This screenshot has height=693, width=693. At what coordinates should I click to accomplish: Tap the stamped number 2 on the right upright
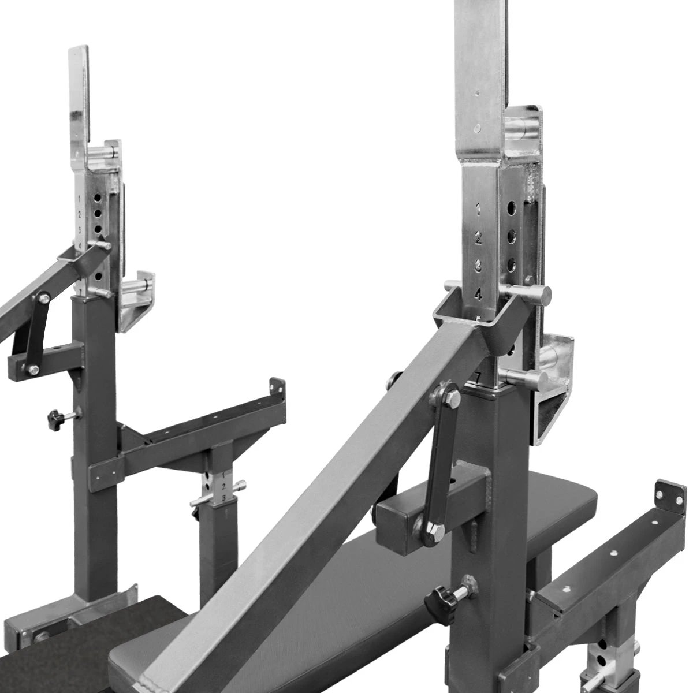point(478,237)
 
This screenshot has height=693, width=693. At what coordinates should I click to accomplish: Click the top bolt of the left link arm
point(43,297)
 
